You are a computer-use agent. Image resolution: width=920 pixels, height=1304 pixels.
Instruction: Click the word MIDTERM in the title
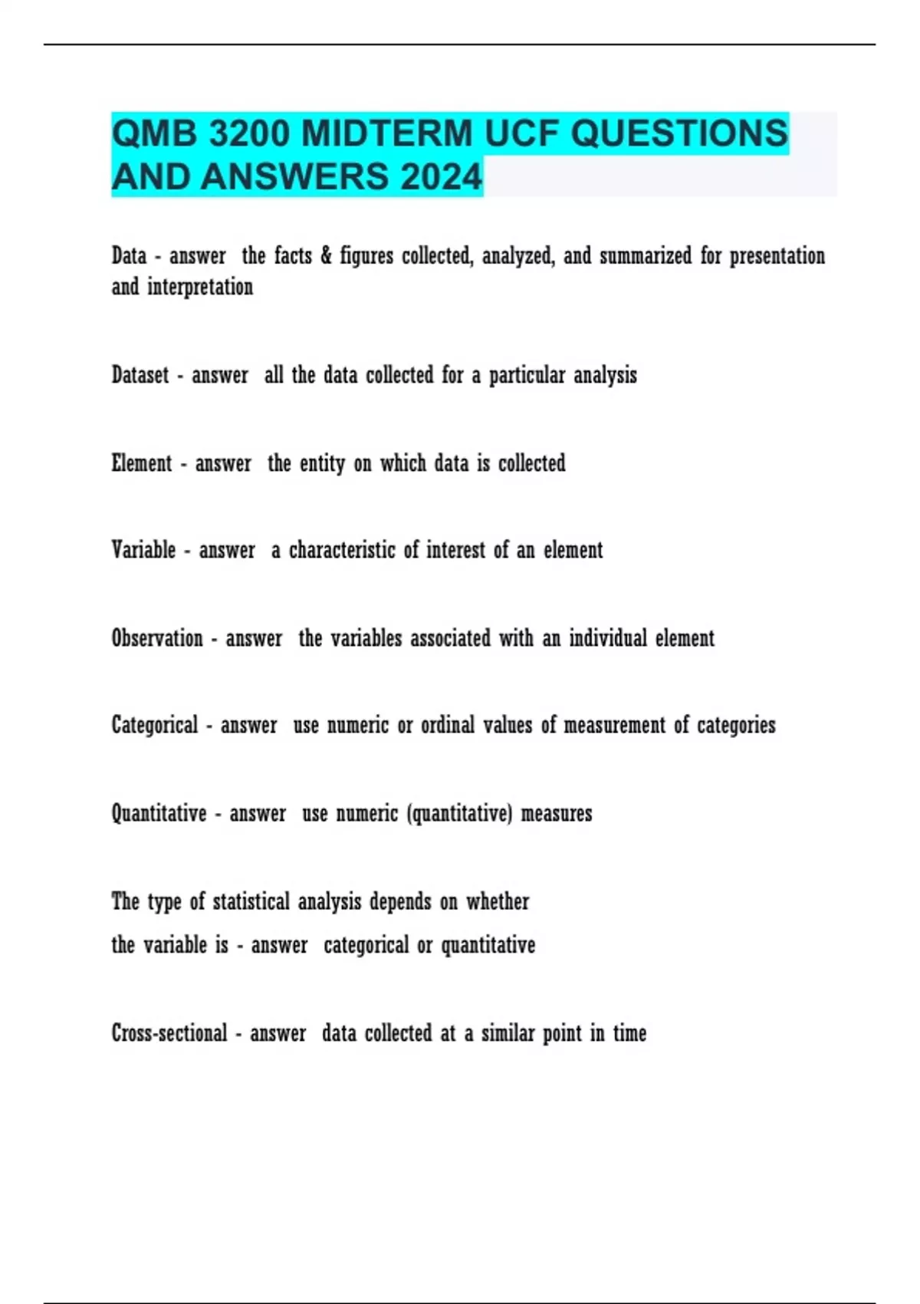click(387, 133)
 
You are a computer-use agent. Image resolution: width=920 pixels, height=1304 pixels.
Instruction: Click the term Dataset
click(140, 375)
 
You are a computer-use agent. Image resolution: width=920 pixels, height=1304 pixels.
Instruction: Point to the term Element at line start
click(142, 463)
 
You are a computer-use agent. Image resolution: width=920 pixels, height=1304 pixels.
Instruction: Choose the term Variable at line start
click(143, 550)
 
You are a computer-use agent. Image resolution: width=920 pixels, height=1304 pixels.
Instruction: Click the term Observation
click(157, 638)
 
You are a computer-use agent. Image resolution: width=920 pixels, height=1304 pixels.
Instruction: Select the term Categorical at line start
click(154, 726)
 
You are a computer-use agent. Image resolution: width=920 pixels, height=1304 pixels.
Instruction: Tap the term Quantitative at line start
click(159, 813)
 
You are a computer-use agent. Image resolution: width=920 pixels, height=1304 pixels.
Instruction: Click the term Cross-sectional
click(169, 1033)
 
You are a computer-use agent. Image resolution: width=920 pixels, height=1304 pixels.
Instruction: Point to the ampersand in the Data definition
click(326, 255)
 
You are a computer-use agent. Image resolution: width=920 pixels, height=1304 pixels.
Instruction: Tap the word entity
click(322, 464)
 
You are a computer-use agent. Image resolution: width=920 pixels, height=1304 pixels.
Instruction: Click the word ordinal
click(448, 726)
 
